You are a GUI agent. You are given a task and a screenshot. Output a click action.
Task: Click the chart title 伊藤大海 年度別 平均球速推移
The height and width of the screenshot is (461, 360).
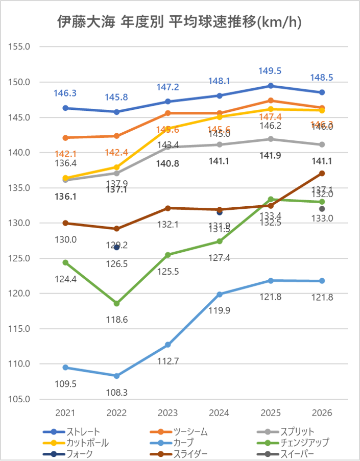[180, 22]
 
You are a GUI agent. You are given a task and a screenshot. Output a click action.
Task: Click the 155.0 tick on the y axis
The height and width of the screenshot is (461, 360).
[20, 46]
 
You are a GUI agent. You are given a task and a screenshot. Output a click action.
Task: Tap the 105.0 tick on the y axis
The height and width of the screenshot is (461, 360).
[20, 399]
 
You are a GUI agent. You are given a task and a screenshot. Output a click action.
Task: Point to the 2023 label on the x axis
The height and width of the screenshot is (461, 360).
[168, 413]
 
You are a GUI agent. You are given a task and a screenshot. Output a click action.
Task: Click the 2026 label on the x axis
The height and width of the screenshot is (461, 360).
[322, 413]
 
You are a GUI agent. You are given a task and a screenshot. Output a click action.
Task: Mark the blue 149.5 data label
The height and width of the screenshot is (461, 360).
[271, 71]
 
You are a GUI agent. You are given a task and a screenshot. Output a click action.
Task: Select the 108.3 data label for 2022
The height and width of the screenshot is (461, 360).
[116, 393]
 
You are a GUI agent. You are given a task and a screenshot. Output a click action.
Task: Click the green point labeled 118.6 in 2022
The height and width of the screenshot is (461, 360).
[116, 303]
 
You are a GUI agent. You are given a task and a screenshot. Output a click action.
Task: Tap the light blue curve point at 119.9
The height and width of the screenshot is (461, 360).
[220, 294]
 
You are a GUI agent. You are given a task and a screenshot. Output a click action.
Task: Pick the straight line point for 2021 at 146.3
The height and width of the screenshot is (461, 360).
[65, 108]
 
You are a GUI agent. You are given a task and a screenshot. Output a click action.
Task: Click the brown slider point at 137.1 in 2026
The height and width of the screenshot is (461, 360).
[322, 173]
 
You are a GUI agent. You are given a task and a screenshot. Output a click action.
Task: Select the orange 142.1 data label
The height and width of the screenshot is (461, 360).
[65, 154]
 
